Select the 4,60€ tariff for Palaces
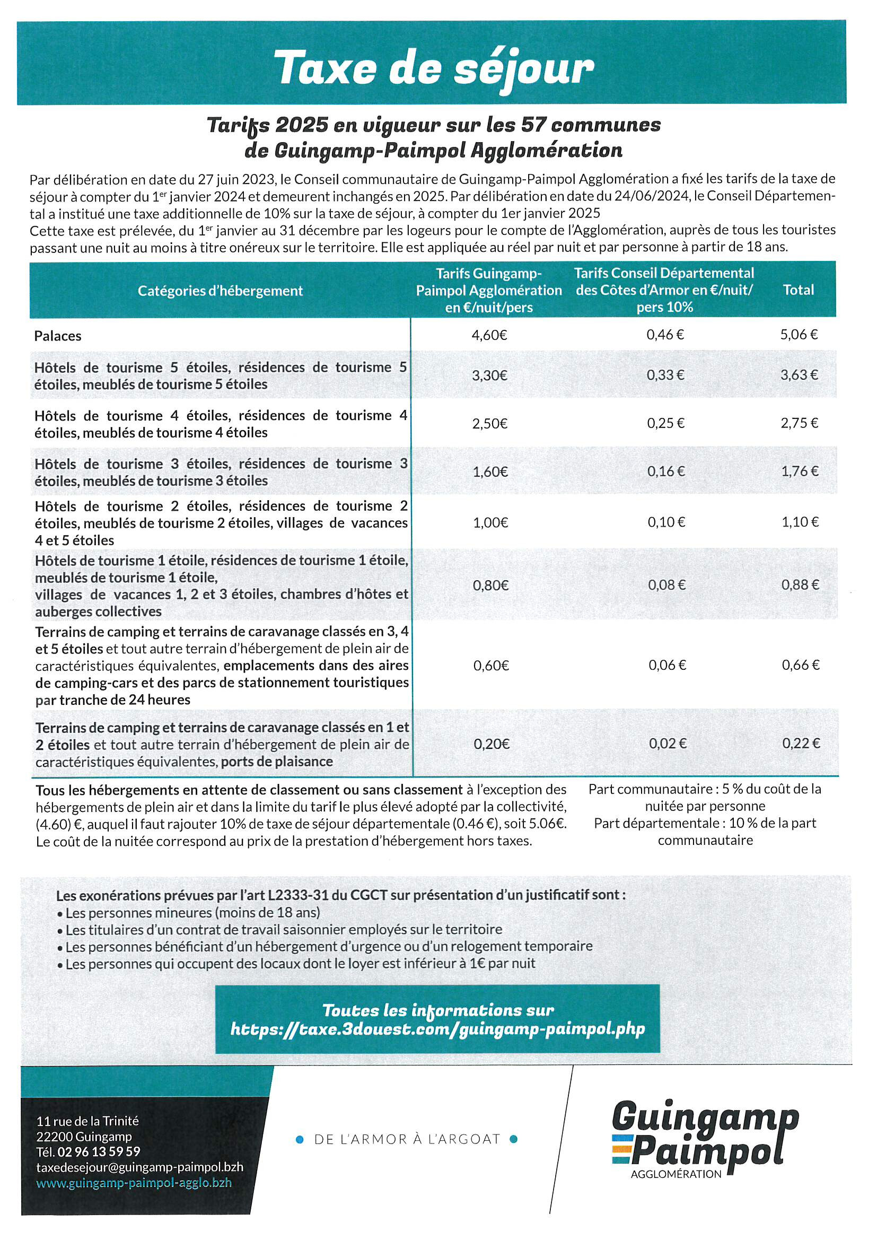point(489,335)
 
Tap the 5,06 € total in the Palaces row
point(799,335)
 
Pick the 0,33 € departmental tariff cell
point(665,375)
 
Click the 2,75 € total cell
point(799,423)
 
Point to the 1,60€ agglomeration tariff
point(490,472)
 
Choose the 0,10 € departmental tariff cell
point(666,522)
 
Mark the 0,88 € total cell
point(800,585)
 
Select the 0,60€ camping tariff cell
point(491,666)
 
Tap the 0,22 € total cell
point(801,744)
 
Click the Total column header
point(798,290)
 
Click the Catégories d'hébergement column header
point(220,291)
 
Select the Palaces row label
point(58,336)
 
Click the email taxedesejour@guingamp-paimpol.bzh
point(139,1167)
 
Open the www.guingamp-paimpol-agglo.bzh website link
point(134,1183)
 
